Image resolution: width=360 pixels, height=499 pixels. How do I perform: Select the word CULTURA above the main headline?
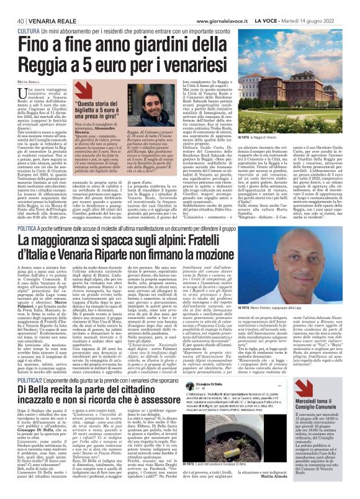pyautogui.click(x=30, y=30)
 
